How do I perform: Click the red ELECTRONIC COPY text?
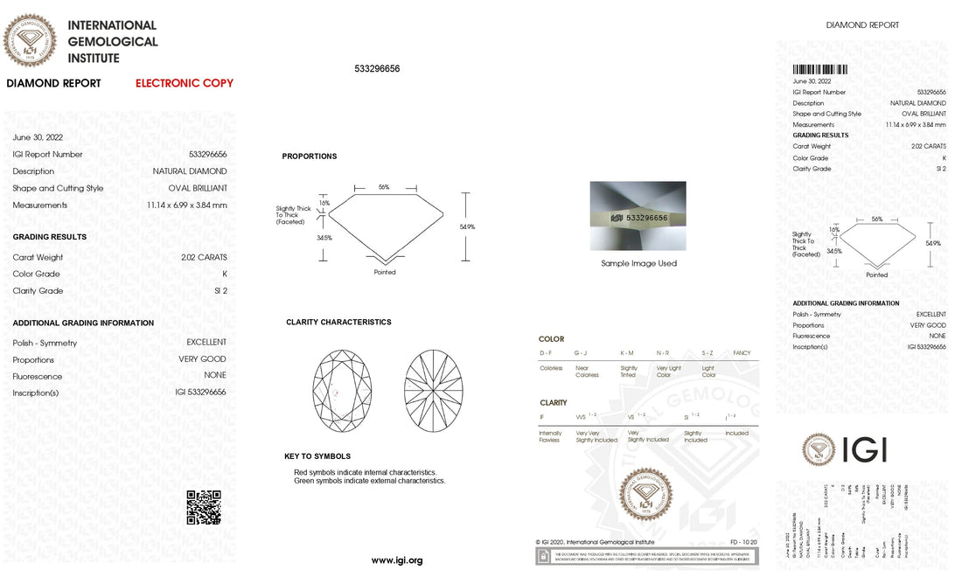185,84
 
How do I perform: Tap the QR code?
204,508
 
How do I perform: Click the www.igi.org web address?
397,560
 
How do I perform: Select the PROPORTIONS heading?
309,156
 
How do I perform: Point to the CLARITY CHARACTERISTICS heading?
338,323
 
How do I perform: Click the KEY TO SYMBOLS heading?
317,456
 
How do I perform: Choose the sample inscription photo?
638,215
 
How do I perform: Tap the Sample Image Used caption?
638,263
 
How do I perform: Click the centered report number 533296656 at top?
377,68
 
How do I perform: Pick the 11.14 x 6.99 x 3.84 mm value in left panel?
186,205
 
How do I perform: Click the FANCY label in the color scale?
742,352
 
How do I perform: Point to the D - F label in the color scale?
546,352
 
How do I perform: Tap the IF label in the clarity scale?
542,418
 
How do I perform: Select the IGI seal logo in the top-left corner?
31,40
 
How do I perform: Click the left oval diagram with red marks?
342,389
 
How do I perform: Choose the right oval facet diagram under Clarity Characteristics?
434,389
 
